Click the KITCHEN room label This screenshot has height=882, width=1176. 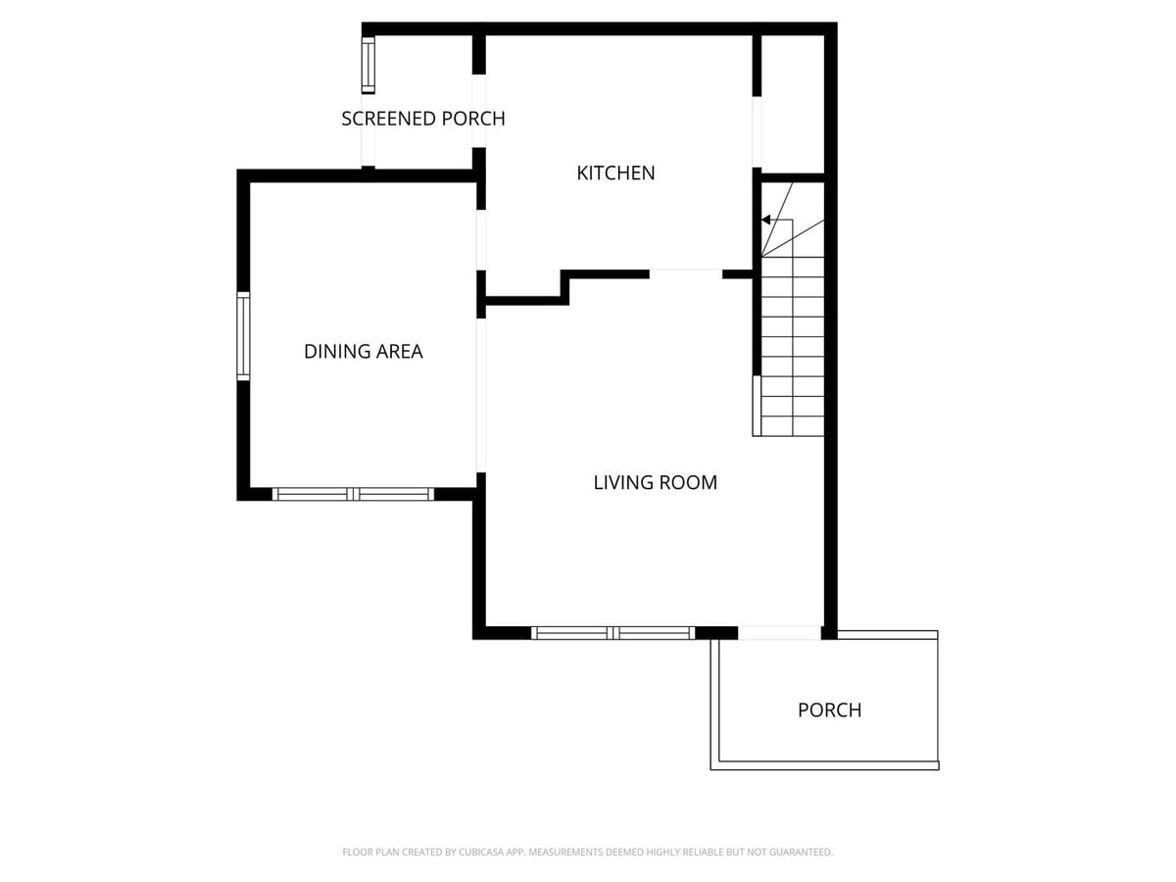click(x=615, y=173)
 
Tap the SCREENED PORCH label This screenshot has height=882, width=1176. click(x=422, y=119)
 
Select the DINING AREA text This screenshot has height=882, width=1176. click(x=363, y=351)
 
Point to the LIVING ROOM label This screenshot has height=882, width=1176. click(x=655, y=482)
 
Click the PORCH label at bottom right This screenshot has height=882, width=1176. click(x=829, y=710)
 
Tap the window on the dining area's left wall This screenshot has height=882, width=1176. click(x=243, y=335)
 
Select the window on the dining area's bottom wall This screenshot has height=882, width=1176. click(x=353, y=494)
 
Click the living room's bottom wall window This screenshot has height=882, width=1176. click(x=613, y=633)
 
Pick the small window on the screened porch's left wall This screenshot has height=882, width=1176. click(x=368, y=65)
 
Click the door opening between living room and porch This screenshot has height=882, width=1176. click(x=779, y=633)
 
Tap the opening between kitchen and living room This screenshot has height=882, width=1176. click(x=686, y=273)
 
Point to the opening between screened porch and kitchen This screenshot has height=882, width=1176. click(x=479, y=111)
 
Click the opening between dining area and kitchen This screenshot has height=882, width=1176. click(x=480, y=240)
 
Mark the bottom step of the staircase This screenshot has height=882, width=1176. click(x=793, y=426)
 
